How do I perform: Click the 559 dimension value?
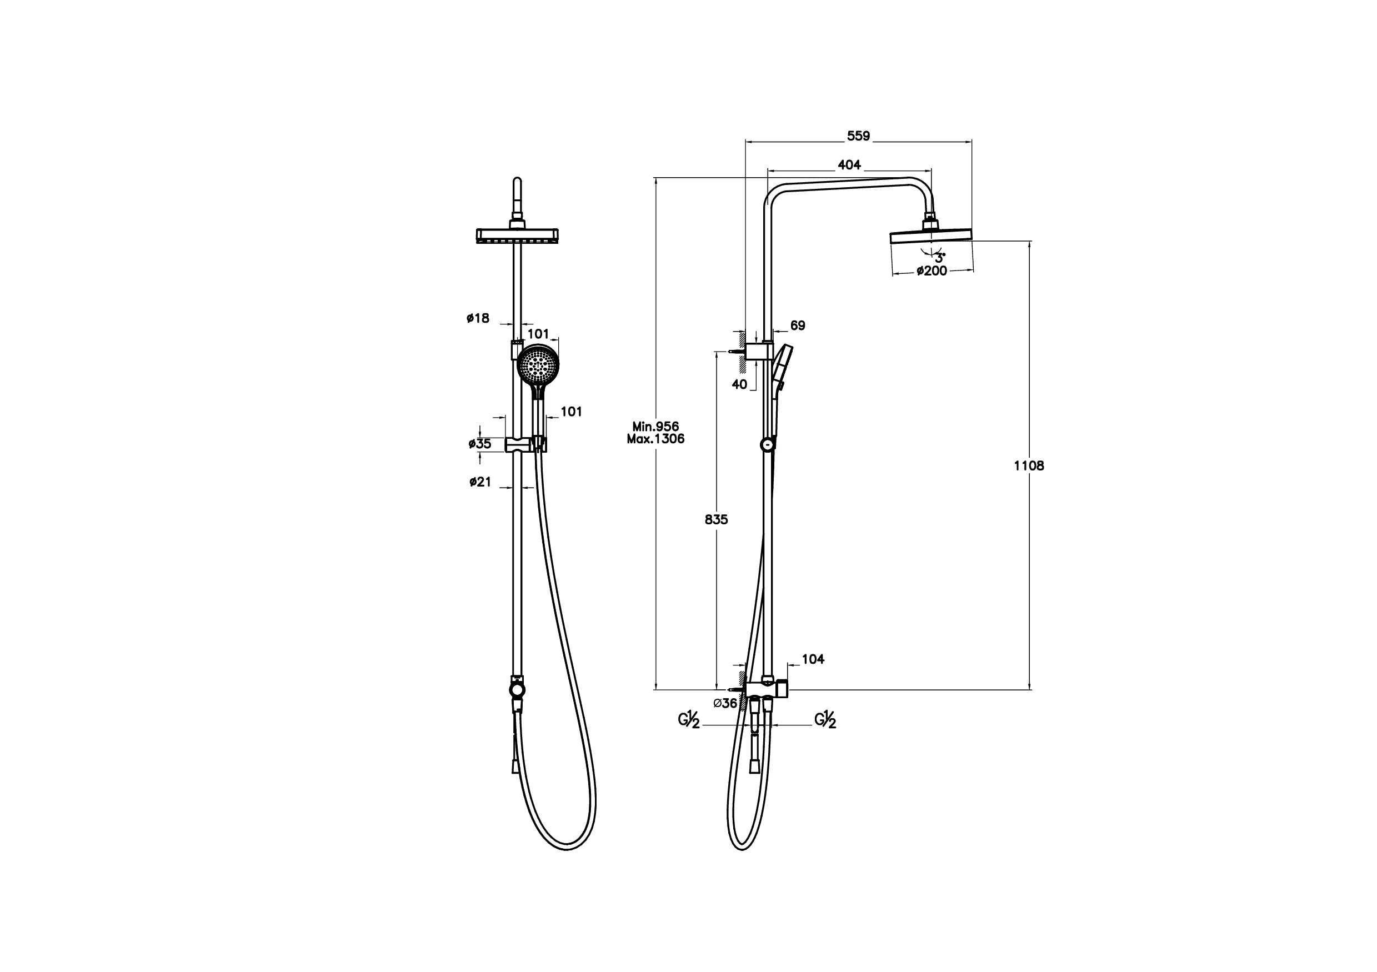point(858,136)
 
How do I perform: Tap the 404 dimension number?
point(849,165)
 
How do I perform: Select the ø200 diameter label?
point(932,271)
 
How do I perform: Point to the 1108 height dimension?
point(1029,466)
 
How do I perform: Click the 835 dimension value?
point(716,520)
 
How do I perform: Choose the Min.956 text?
point(655,427)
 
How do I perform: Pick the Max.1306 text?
point(655,439)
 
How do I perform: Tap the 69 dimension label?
point(798,325)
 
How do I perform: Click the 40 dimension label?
point(739,384)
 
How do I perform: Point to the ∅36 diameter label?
point(725,703)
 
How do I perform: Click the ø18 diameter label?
point(478,318)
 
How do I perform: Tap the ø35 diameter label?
point(480,444)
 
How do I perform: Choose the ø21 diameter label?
point(480,482)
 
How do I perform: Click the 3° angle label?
point(940,258)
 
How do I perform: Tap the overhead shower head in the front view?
point(518,236)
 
